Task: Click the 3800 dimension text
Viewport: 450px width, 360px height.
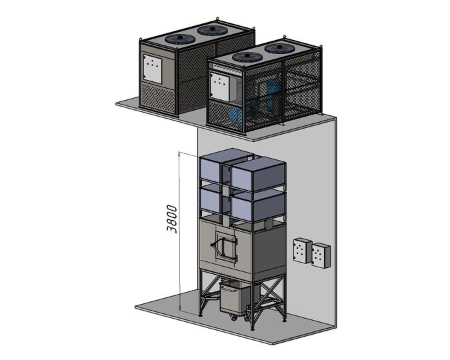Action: coord(172,219)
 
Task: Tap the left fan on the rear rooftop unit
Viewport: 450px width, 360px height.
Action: coord(180,39)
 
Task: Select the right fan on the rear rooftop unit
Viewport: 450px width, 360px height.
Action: coord(213,30)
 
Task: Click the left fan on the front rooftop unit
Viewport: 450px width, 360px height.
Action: coord(247,57)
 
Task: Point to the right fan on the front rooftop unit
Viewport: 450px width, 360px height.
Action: coord(280,48)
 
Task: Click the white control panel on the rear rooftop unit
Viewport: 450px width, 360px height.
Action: coord(153,69)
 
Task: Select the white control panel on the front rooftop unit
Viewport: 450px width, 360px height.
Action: coord(220,87)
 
